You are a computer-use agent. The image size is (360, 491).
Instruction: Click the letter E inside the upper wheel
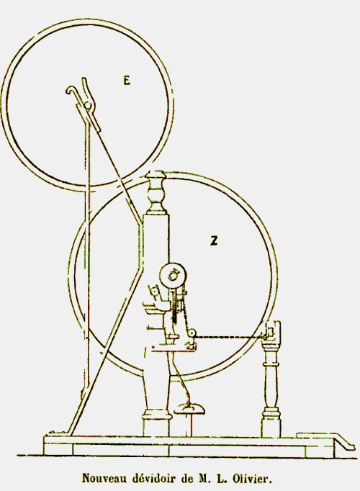coord(127,81)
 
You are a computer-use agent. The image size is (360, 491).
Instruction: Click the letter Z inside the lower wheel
coord(214,240)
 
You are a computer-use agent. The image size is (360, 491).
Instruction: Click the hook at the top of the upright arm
coord(71,91)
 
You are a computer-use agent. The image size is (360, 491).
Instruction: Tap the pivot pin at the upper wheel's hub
coord(88,106)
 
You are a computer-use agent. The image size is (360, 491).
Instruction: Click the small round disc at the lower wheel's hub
coord(173,276)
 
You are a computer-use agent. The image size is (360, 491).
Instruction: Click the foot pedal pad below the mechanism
coord(189,409)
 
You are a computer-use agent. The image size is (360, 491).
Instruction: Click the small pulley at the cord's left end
coord(192,333)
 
